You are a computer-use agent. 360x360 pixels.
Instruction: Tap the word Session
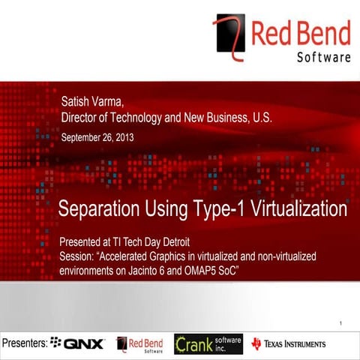(x=78, y=256)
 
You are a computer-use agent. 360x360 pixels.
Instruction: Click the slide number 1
(x=340, y=324)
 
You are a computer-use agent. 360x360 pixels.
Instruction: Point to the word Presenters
(x=24, y=343)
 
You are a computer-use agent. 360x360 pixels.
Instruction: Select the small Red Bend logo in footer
(x=139, y=343)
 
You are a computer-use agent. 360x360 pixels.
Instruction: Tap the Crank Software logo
(x=208, y=343)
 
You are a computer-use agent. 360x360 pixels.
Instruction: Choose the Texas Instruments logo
(x=289, y=343)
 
